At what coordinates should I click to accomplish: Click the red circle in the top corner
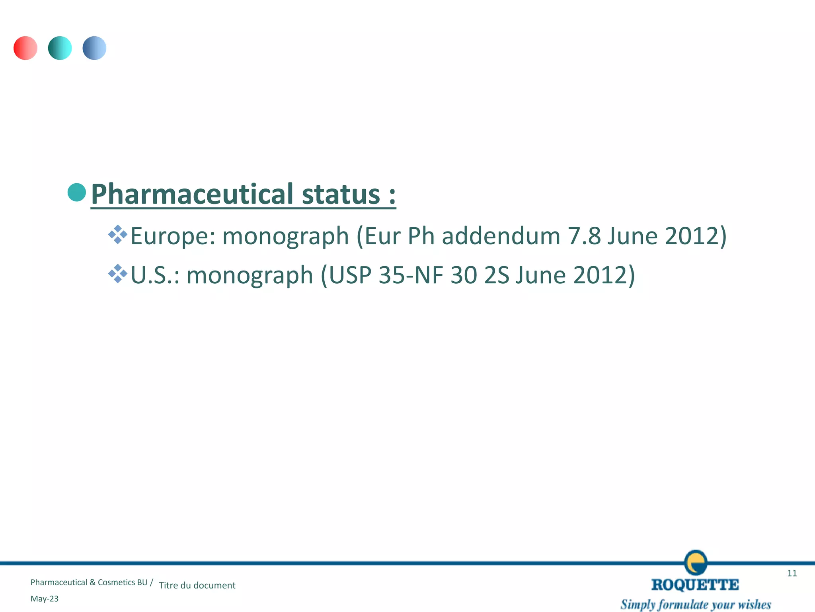coord(25,48)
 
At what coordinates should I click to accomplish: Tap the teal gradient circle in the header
coord(60,48)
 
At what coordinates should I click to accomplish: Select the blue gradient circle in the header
coord(94,48)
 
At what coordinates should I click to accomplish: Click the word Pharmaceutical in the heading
coord(192,194)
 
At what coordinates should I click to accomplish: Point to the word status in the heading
coord(341,194)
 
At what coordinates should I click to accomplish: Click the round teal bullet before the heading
coord(77,192)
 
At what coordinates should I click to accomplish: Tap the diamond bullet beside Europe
coord(118,234)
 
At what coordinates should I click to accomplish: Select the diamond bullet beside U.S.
coord(118,273)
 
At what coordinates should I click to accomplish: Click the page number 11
coord(792,573)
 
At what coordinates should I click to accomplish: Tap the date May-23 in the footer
coord(45,599)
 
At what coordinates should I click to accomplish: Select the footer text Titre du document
coord(197,585)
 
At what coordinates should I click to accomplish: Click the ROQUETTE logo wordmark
coord(695,585)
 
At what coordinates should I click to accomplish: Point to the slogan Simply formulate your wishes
coord(696,604)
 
